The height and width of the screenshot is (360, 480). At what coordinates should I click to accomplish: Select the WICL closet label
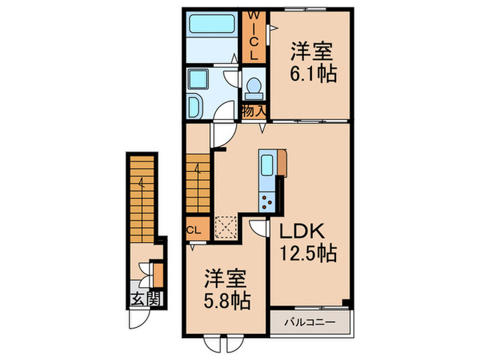click(253, 35)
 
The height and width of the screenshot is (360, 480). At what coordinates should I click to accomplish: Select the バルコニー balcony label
click(308, 322)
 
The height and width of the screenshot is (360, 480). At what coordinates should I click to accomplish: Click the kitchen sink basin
click(267, 165)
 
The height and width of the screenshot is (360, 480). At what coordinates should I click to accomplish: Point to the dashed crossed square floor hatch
click(225, 225)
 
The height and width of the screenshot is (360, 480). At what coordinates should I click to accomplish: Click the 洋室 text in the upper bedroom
click(314, 51)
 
